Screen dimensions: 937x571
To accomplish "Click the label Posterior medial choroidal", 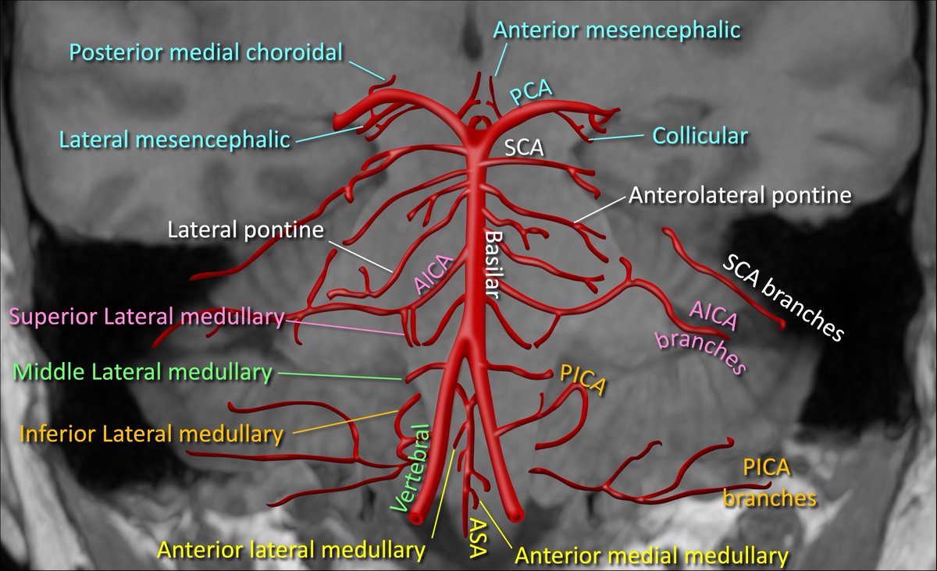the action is pos(206,53).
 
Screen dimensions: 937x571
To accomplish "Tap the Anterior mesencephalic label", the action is pos(617,30).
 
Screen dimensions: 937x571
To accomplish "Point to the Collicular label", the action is pos(700,136).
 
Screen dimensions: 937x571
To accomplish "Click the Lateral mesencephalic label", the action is pos(175,140).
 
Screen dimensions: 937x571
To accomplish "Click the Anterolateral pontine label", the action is pos(739,195).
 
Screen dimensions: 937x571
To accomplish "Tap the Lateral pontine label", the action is pos(245,230).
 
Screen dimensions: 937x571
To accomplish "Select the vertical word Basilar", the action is pos(493,265).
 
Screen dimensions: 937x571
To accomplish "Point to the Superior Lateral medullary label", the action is pos(146,317).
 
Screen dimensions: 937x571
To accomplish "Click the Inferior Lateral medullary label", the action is pos(151,433).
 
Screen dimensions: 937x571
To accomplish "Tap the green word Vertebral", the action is pos(413,468).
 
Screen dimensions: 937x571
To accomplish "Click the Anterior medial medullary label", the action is pos(651,556).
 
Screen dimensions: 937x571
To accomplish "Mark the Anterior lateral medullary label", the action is pos(291,550).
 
